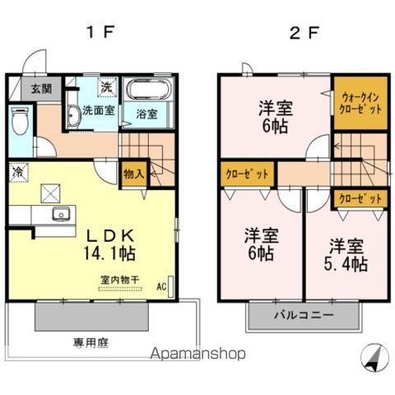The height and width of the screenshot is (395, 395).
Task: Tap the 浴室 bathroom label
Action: pos(146,113)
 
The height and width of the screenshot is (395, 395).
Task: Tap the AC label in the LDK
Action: pos(161,287)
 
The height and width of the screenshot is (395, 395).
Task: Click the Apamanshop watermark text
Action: pos(197,355)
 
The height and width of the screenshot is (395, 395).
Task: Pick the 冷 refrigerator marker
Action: pos(16,173)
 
